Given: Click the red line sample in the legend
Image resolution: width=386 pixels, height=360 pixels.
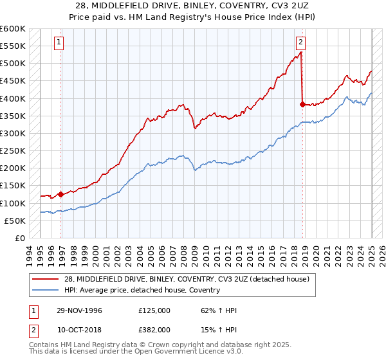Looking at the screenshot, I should click(46, 279).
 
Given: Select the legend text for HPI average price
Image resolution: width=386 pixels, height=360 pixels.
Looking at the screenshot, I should click(142, 290).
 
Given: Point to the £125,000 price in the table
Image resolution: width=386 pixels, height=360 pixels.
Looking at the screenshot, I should click(154, 310).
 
